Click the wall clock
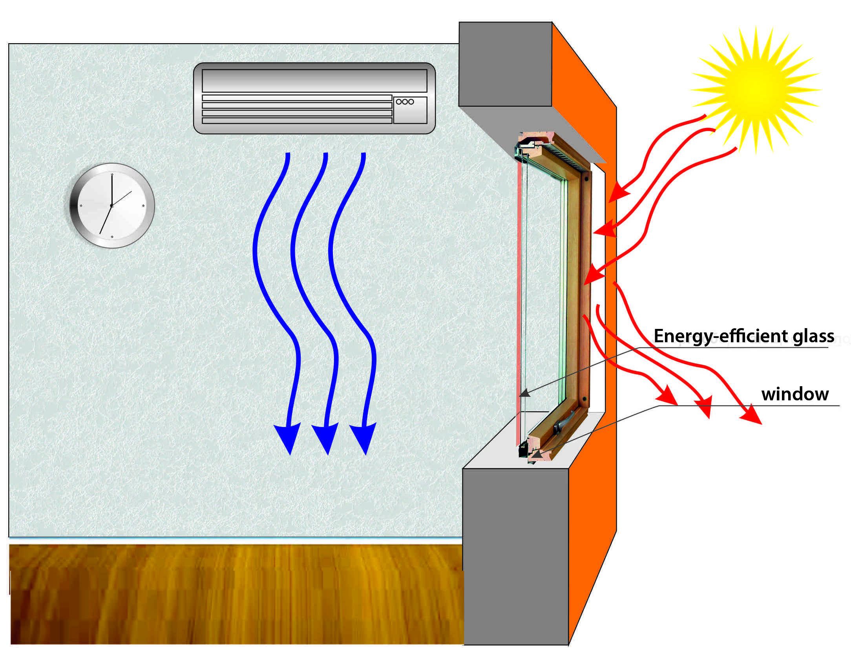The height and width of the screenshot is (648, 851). (112, 205)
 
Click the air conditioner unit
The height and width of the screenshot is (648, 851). (314, 98)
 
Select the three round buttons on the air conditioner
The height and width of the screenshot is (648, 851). (405, 102)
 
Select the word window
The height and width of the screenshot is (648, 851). (795, 394)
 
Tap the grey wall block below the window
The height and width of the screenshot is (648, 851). (515, 557)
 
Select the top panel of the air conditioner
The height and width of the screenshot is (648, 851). (314, 80)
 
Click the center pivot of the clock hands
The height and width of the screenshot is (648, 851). (111, 205)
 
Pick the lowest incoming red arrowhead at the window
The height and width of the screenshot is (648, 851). (591, 275)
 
